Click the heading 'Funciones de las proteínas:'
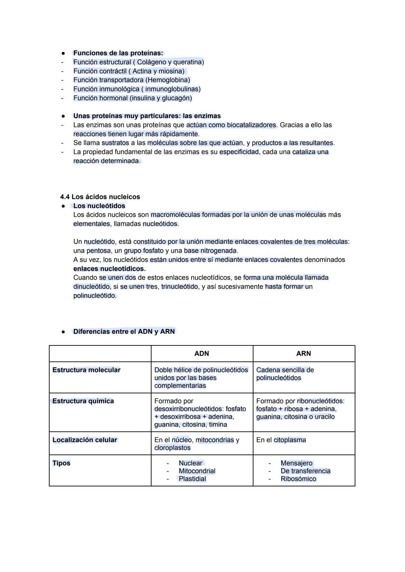pyautogui.click(x=118, y=53)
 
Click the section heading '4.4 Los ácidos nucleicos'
pyautogui.click(x=100, y=197)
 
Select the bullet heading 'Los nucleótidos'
pyautogui.click(x=99, y=206)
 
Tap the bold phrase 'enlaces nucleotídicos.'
pyautogui.click(x=109, y=269)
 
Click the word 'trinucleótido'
pyautogui.click(x=180, y=287)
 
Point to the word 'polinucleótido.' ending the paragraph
pyautogui.click(x=95, y=296)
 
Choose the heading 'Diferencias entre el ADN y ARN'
pyautogui.click(x=124, y=332)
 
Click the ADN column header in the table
pyautogui.click(x=202, y=353)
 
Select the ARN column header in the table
pyautogui.click(x=303, y=353)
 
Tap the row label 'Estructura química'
pyautogui.click(x=83, y=401)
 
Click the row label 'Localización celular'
pyautogui.click(x=85, y=440)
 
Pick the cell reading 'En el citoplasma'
pyautogui.click(x=281, y=440)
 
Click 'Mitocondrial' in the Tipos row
pyautogui.click(x=197, y=471)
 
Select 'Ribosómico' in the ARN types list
pyautogui.click(x=298, y=479)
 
